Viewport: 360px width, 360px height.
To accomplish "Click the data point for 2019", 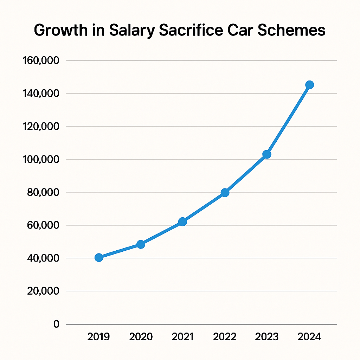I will [99, 258].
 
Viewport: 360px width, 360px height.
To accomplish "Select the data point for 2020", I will [141, 244].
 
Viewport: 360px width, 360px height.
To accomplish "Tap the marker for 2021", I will [182, 221].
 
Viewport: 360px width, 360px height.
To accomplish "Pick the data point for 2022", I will [225, 193].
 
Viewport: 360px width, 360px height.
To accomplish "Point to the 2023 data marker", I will [267, 154].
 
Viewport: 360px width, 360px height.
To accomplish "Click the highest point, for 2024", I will [309, 85].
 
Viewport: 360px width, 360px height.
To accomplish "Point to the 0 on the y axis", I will [56, 324].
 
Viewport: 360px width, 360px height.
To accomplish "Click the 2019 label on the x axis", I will [98, 337].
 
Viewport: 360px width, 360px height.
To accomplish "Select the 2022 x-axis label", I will [225, 337].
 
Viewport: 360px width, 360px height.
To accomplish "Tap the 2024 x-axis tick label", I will [309, 337].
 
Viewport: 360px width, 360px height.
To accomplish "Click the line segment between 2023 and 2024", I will [288, 120].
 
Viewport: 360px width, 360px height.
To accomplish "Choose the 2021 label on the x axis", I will [183, 337].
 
